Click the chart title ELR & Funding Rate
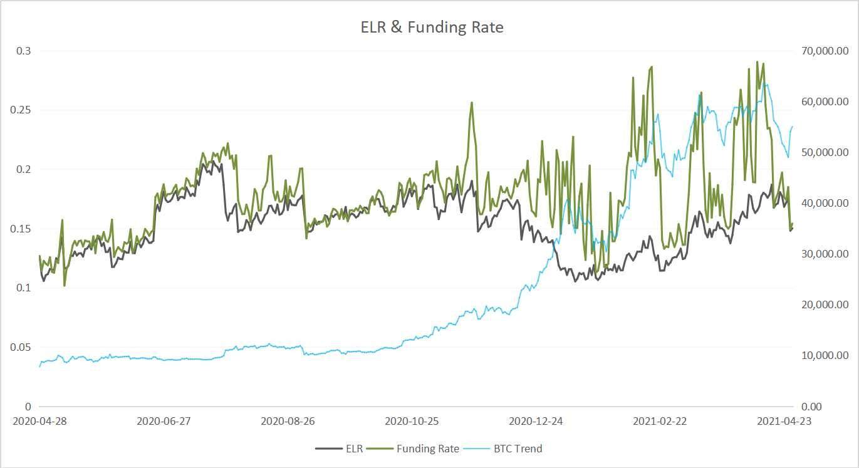click(x=432, y=27)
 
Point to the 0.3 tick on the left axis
click(x=23, y=51)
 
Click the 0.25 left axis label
click(x=21, y=110)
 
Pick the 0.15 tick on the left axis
click(x=21, y=229)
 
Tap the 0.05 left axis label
click(x=21, y=347)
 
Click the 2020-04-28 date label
click(x=39, y=421)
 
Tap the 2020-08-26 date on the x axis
click(x=288, y=421)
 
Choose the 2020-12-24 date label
click(x=536, y=421)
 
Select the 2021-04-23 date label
click(x=784, y=421)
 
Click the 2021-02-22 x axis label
click(x=660, y=421)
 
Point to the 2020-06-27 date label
click(x=164, y=421)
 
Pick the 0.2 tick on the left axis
click(x=23, y=169)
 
